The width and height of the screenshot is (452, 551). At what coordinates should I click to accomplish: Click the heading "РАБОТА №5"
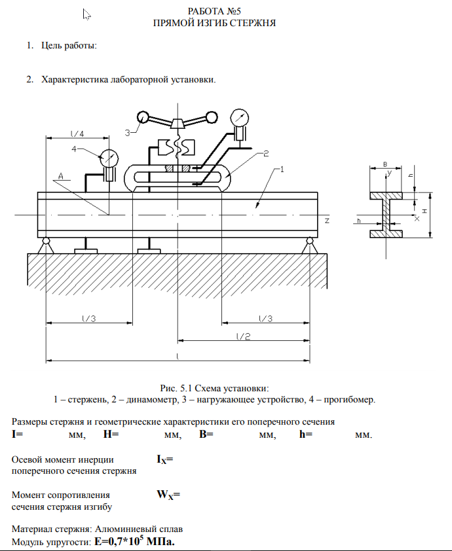pyautogui.click(x=214, y=11)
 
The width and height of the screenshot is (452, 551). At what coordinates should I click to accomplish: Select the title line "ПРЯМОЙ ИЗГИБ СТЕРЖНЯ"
pyautogui.click(x=214, y=23)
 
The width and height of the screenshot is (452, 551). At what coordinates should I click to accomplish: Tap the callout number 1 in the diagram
pyautogui.click(x=281, y=170)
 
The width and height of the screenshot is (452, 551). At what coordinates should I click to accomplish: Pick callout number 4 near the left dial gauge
pyautogui.click(x=74, y=149)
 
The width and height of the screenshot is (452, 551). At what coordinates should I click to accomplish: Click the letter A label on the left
pyautogui.click(x=60, y=176)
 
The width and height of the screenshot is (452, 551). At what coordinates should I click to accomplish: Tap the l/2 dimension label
pyautogui.click(x=243, y=336)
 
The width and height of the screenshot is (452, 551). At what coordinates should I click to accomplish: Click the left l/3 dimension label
pyautogui.click(x=89, y=318)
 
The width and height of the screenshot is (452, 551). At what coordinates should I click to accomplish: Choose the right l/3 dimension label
pyautogui.click(x=265, y=318)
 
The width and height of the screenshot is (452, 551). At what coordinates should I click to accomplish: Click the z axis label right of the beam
pyautogui.click(x=326, y=221)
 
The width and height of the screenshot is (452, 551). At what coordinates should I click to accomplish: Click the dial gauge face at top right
pyautogui.click(x=240, y=118)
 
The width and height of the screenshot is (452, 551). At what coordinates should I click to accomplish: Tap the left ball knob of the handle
pyautogui.click(x=142, y=118)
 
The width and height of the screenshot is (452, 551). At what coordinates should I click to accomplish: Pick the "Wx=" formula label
pyautogui.click(x=168, y=495)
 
